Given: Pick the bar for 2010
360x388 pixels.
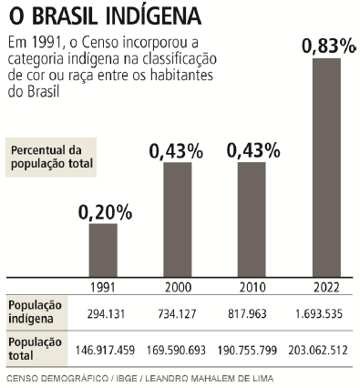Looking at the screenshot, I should click(252, 219).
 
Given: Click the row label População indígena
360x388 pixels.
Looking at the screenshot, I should click(36, 311).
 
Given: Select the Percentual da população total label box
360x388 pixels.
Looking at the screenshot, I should click(52, 157).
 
